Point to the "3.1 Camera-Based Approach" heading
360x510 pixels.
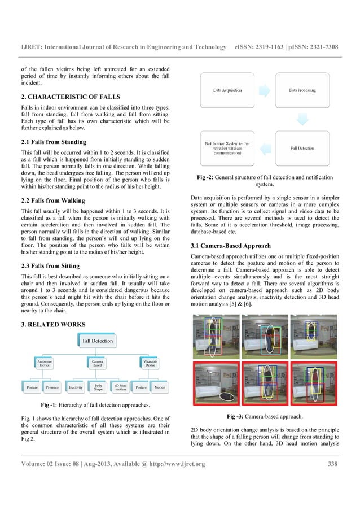coord(232,246)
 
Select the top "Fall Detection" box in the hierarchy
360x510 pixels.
coord(98,341)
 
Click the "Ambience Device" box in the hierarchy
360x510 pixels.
coord(44,364)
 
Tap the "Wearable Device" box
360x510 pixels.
coord(150,364)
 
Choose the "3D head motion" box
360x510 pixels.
coord(120,388)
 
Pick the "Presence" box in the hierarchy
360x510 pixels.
coord(53,388)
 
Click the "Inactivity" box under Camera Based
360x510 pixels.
coord(75,388)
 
